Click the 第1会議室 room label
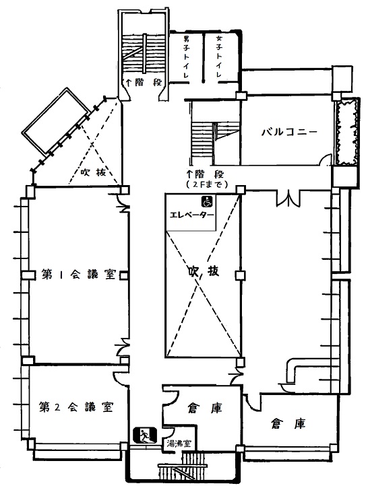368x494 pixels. click(79, 275)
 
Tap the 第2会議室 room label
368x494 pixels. click(76, 407)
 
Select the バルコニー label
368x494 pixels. click(289, 132)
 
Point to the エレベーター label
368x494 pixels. click(192, 215)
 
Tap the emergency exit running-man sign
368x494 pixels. click(144, 435)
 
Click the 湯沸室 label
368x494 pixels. click(179, 444)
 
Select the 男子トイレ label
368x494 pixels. click(186, 57)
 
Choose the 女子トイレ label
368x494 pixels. click(219, 57)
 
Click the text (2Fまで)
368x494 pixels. click(207, 184)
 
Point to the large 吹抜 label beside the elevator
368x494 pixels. click(204, 271)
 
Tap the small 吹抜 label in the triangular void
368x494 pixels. click(93, 172)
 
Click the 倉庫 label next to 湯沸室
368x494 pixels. click(205, 408)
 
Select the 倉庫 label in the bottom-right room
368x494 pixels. click(288, 424)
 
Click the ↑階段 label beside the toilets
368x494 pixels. click(144, 83)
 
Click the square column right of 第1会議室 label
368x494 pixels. click(124, 275)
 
